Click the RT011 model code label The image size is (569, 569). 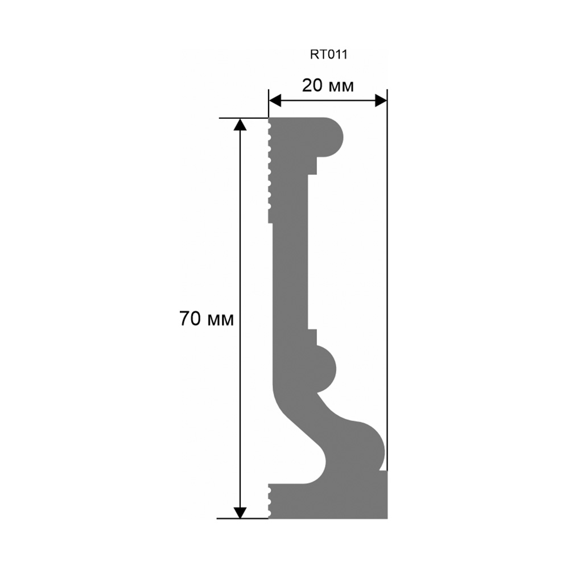tap(328, 55)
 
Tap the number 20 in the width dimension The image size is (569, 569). tap(312, 86)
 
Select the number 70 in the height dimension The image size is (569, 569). tap(190, 319)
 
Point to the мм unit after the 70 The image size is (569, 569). tap(220, 321)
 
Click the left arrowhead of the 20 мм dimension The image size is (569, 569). tap(275, 101)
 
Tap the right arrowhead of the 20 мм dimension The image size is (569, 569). tap(381, 101)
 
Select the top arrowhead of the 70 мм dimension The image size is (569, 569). tap(240, 125)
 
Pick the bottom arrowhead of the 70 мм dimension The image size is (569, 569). tap(240, 512)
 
